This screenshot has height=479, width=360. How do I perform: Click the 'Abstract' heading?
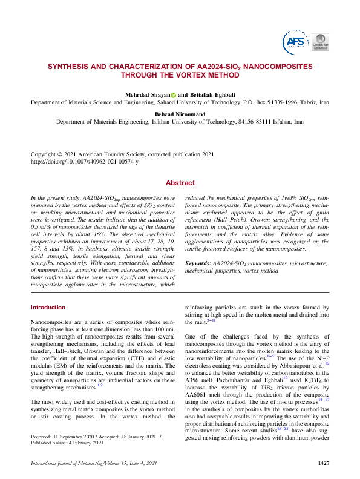pos(180,183)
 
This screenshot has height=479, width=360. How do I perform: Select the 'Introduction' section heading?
pos(48,308)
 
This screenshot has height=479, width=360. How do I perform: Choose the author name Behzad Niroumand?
pos(180,113)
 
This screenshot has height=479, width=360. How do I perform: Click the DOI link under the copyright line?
pos(84,162)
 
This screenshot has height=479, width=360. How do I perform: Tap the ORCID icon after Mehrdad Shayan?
pos(173,94)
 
